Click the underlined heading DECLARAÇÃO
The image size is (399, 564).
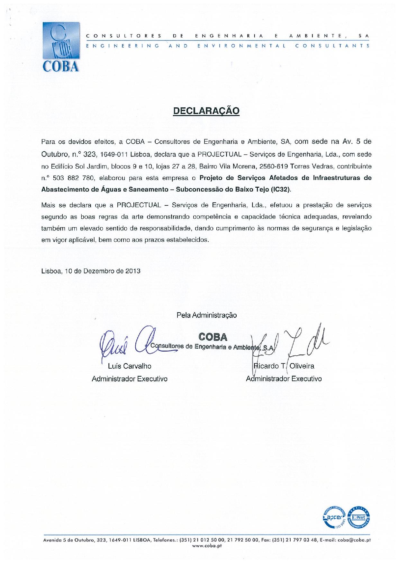point(206,111)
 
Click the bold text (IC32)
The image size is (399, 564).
point(281,190)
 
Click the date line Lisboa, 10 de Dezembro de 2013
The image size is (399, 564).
point(91,271)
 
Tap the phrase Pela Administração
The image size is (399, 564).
point(206,315)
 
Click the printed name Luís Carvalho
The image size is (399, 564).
point(130,366)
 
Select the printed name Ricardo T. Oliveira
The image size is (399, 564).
point(284,366)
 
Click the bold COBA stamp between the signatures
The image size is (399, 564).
point(213,337)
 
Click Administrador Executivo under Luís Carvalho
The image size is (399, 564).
point(130,379)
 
